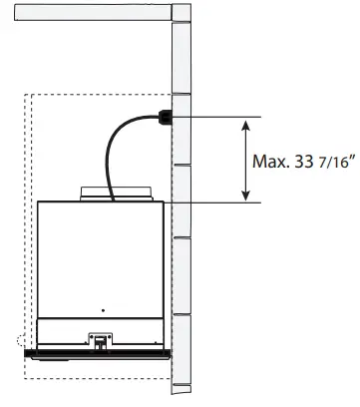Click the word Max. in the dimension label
(270, 162)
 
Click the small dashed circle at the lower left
(25, 341)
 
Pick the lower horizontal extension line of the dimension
(214, 203)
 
